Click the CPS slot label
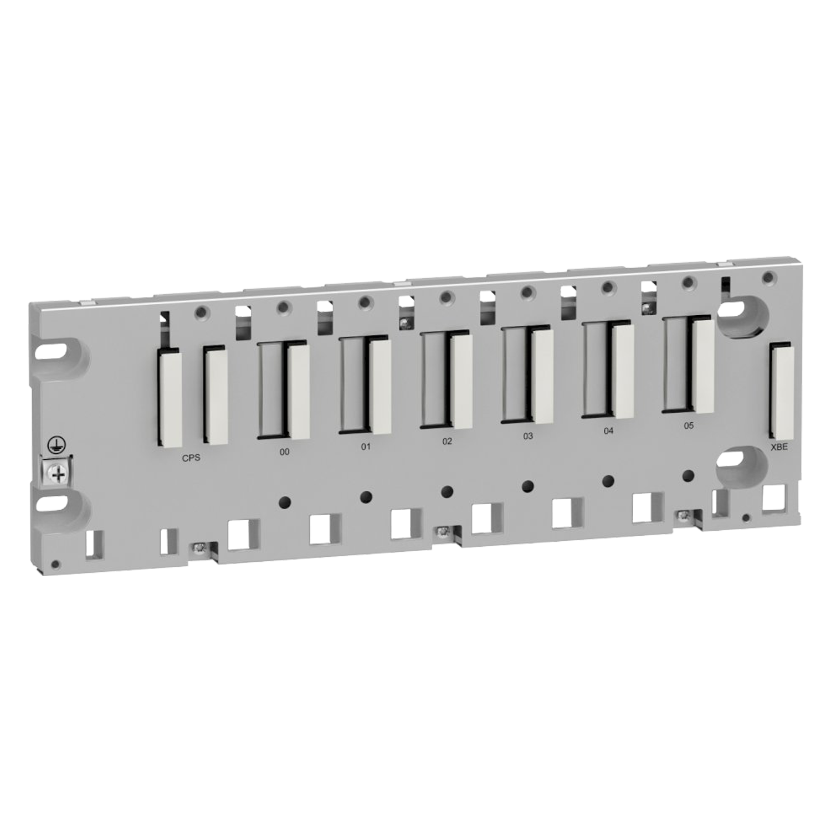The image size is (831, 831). tap(191, 458)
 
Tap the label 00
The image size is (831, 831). tap(284, 452)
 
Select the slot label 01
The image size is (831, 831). tap(366, 447)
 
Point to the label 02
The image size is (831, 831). tap(447, 442)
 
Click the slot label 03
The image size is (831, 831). tap(528, 436)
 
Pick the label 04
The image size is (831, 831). tap(609, 431)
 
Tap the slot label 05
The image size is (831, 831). tap(689, 426)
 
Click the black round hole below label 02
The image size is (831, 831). tap(447, 491)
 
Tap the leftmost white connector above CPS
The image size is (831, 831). tap(170, 397)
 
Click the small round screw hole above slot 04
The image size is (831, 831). tap(608, 286)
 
